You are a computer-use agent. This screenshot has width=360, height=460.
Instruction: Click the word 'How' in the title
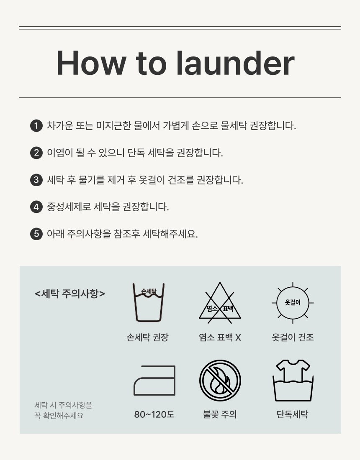click(x=91, y=64)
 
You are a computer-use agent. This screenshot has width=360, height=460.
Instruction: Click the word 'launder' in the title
click(x=235, y=63)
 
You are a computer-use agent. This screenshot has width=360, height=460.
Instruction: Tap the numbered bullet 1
click(x=36, y=126)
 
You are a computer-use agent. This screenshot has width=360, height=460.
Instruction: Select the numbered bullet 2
click(x=36, y=153)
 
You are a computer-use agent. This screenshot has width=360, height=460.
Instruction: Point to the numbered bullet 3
click(x=36, y=180)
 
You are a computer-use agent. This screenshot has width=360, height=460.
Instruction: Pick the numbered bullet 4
click(x=36, y=207)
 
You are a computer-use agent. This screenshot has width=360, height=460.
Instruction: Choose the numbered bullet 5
click(x=36, y=234)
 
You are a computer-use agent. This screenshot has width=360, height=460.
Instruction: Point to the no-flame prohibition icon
click(x=220, y=381)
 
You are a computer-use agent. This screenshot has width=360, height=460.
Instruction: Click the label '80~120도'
click(x=154, y=414)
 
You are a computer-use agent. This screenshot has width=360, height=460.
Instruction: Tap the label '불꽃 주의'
click(x=220, y=414)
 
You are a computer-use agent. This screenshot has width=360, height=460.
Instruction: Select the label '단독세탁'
click(x=293, y=414)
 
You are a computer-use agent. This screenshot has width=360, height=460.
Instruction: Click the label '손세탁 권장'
click(x=148, y=337)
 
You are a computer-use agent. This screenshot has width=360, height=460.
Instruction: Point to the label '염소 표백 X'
click(x=220, y=337)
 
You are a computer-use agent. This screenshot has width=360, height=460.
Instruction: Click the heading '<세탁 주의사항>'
click(x=70, y=294)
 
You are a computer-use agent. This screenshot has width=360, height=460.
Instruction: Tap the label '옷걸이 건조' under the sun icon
click(x=293, y=337)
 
